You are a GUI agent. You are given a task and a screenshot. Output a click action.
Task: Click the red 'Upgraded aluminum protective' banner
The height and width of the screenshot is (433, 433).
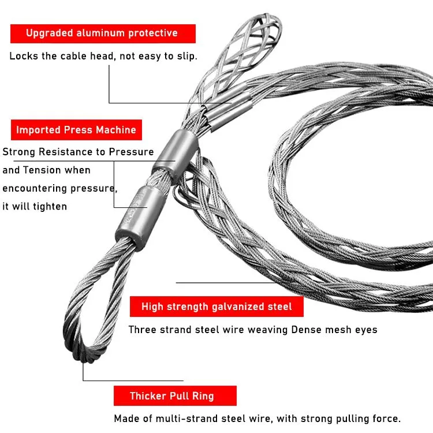click(103, 33)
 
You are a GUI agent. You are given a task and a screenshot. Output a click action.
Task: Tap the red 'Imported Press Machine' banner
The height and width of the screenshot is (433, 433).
click(76, 130)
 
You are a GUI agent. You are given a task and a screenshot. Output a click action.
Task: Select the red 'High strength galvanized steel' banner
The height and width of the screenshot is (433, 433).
click(216, 306)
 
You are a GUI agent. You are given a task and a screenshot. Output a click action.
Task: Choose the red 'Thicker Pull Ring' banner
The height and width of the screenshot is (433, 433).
click(175, 395)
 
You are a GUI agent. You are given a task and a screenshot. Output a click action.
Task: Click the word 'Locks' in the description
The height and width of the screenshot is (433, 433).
click(24, 56)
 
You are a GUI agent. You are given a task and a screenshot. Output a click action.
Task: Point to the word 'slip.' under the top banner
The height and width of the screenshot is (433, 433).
click(187, 56)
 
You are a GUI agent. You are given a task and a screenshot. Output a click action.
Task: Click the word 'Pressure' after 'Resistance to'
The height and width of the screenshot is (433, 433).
click(131, 152)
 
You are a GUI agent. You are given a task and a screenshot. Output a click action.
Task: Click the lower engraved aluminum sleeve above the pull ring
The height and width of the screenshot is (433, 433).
click(140, 216)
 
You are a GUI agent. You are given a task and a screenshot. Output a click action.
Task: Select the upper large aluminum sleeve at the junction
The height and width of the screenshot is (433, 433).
click(176, 156)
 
